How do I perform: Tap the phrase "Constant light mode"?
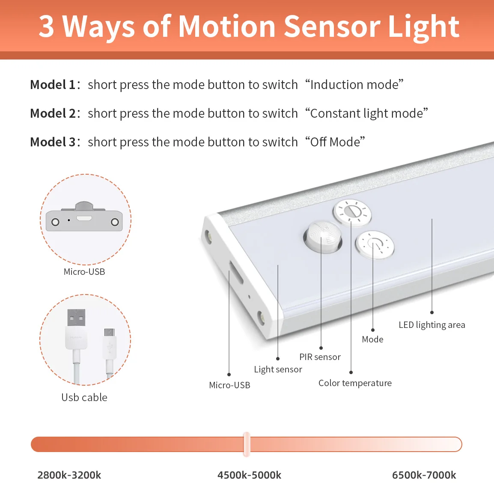(366, 113)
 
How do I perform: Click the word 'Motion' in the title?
(227, 27)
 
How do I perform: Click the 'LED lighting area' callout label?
(432, 325)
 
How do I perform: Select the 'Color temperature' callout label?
(355, 383)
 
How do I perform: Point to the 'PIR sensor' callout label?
(320, 357)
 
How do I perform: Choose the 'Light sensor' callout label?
(278, 369)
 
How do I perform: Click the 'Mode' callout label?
(372, 339)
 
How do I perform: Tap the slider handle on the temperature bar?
(247, 444)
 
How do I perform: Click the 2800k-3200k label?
(69, 475)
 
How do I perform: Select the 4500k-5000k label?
(249, 475)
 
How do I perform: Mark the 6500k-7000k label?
(424, 475)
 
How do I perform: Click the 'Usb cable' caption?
(84, 398)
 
